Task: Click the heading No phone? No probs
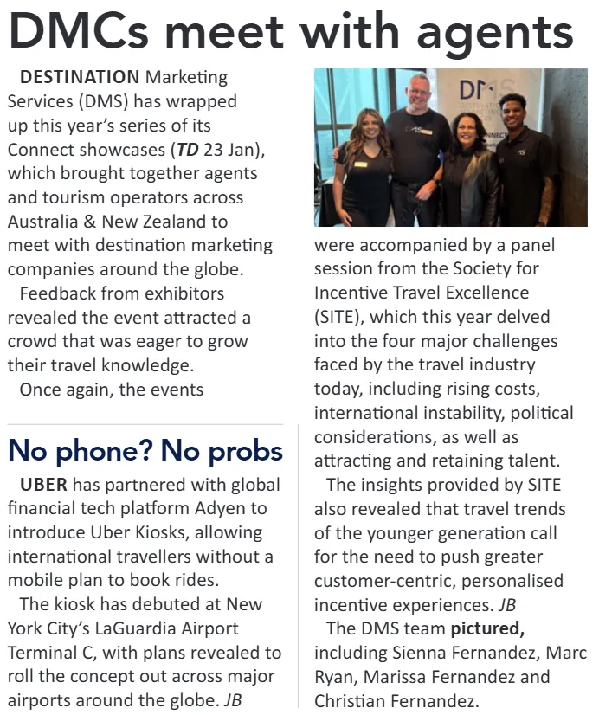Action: coord(145,450)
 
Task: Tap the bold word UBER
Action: coord(43,483)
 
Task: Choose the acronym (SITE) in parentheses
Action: coord(339,318)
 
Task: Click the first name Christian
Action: coord(351,700)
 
